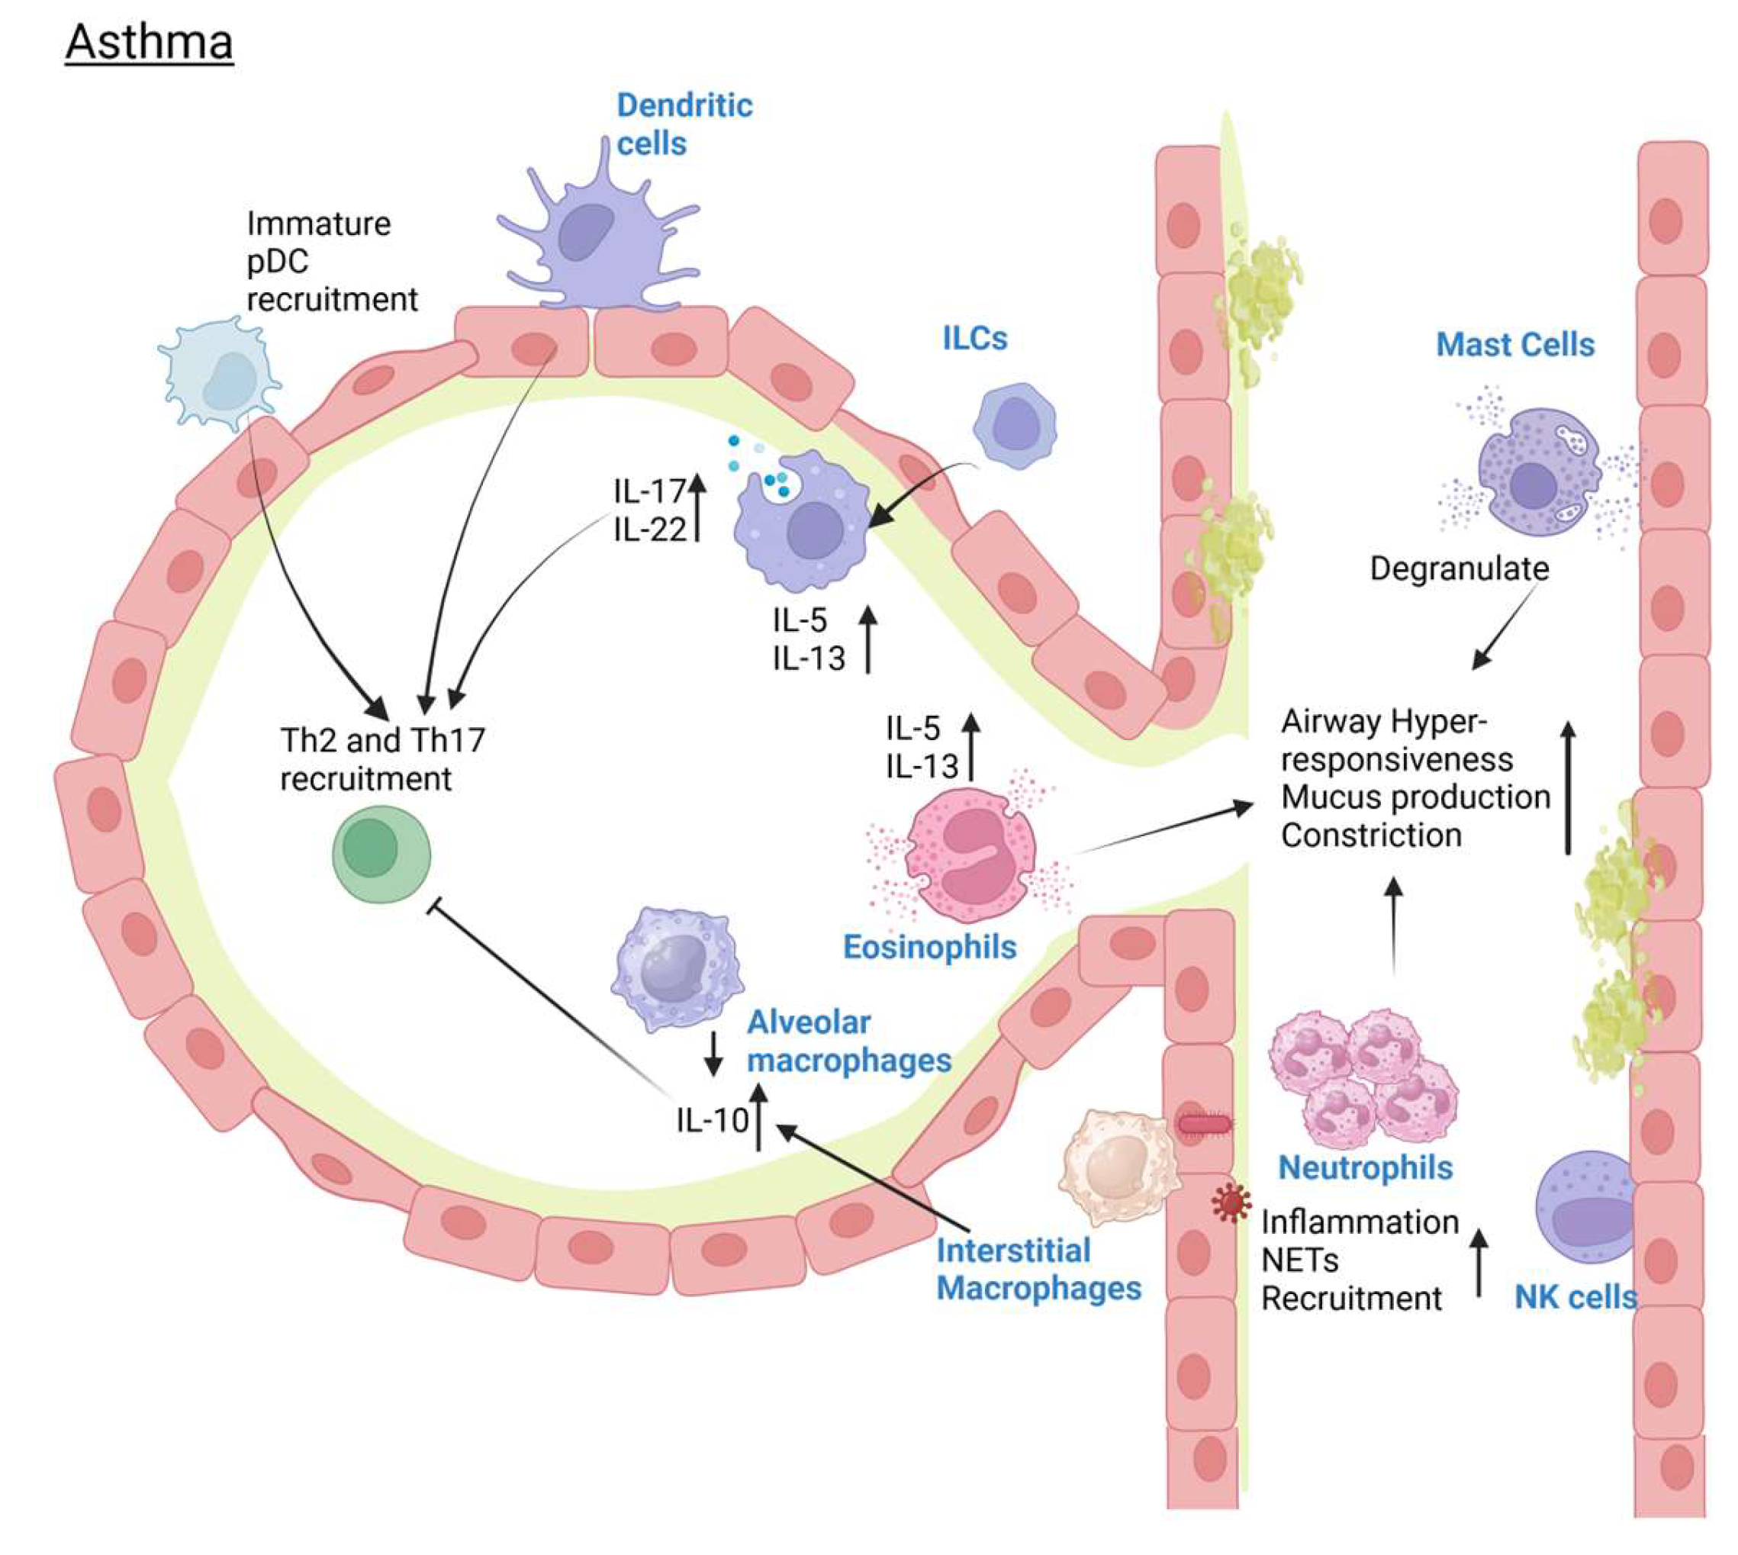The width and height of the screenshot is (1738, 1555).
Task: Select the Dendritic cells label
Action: (x=684, y=124)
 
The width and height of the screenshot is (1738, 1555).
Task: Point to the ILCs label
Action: (x=974, y=338)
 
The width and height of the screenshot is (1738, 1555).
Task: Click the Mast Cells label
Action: (x=1514, y=344)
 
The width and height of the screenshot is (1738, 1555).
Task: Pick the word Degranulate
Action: (x=1459, y=568)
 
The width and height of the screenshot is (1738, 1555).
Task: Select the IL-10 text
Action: (x=711, y=1119)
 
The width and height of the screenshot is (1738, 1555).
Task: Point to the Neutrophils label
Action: (x=1365, y=1167)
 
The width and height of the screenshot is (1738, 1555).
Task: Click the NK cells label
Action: (x=1575, y=1297)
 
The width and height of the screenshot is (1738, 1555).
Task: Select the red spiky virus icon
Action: (x=1231, y=1203)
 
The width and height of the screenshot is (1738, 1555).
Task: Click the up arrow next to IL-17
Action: (x=697, y=507)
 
